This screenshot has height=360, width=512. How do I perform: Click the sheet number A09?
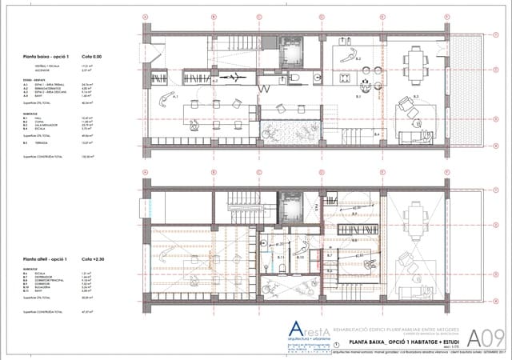[x=482, y=336]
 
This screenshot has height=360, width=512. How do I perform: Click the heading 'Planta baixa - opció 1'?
[x=45, y=58]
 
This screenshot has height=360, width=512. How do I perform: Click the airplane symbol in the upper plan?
[x=238, y=78]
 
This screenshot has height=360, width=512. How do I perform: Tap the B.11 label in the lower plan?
[x=282, y=258]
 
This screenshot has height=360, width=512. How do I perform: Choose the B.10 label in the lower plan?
[x=298, y=257]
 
